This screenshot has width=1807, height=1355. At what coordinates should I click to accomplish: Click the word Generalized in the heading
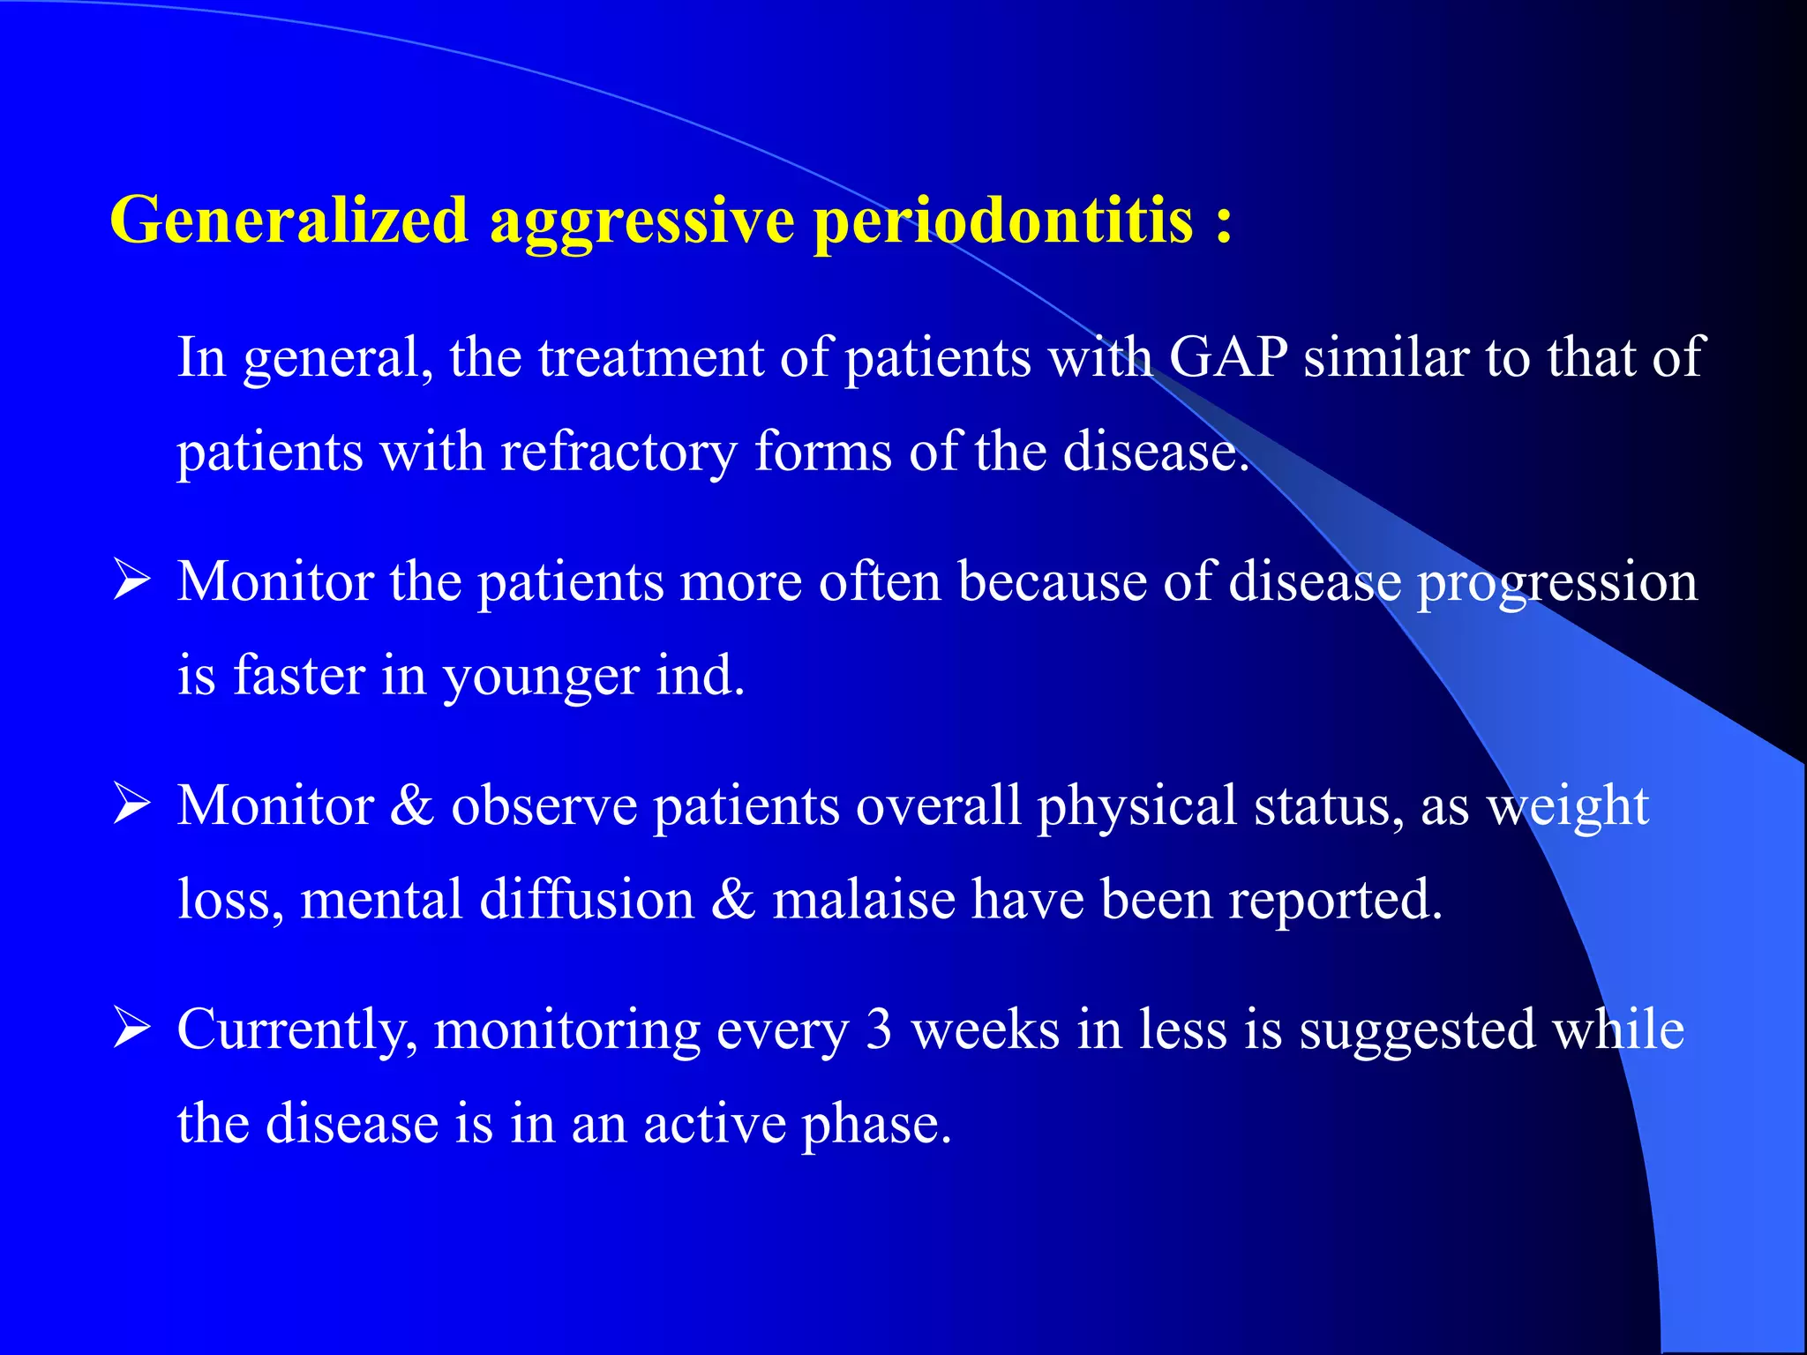(289, 220)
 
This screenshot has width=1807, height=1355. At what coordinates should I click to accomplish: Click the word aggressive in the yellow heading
(642, 222)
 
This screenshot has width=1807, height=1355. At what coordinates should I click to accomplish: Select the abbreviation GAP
(1228, 357)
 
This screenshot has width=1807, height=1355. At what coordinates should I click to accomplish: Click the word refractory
(618, 453)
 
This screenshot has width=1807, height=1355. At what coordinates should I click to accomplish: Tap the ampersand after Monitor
(412, 805)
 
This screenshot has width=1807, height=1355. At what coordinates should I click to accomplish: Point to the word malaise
(863, 900)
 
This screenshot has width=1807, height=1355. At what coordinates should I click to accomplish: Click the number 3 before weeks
(878, 1029)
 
